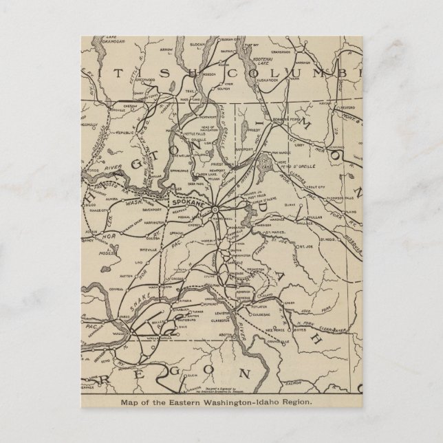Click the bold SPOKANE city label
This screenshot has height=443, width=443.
188,206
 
